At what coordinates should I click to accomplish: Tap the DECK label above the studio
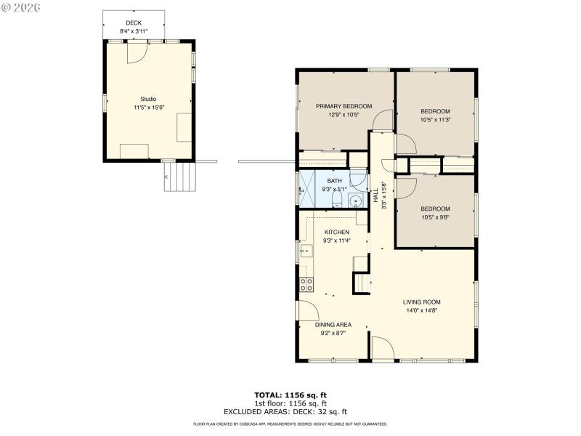pos(133,23)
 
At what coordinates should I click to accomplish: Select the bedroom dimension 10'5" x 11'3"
pos(435,120)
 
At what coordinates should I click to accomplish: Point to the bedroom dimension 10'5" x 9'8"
pos(435,217)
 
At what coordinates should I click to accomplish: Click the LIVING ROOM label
pos(422,302)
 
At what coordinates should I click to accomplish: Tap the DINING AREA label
pos(333,324)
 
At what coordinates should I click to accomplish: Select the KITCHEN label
pos(336,232)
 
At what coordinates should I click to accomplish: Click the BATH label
pos(334,181)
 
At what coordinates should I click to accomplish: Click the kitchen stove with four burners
pos(307,283)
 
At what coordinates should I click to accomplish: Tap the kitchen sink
pos(306,252)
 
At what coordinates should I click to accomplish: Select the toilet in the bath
pos(358,181)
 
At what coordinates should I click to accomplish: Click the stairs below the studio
pos(181,176)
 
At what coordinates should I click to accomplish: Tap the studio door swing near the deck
pos(138,53)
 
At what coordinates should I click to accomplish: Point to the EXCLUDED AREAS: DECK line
pos(290,411)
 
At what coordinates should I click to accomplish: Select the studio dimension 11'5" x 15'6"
pos(148,108)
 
